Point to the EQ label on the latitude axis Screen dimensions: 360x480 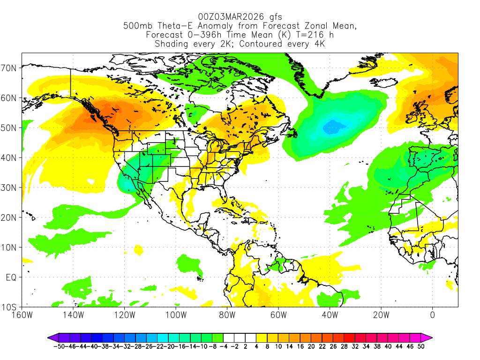point(12,277)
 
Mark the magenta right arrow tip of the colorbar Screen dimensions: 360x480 point(430,337)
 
